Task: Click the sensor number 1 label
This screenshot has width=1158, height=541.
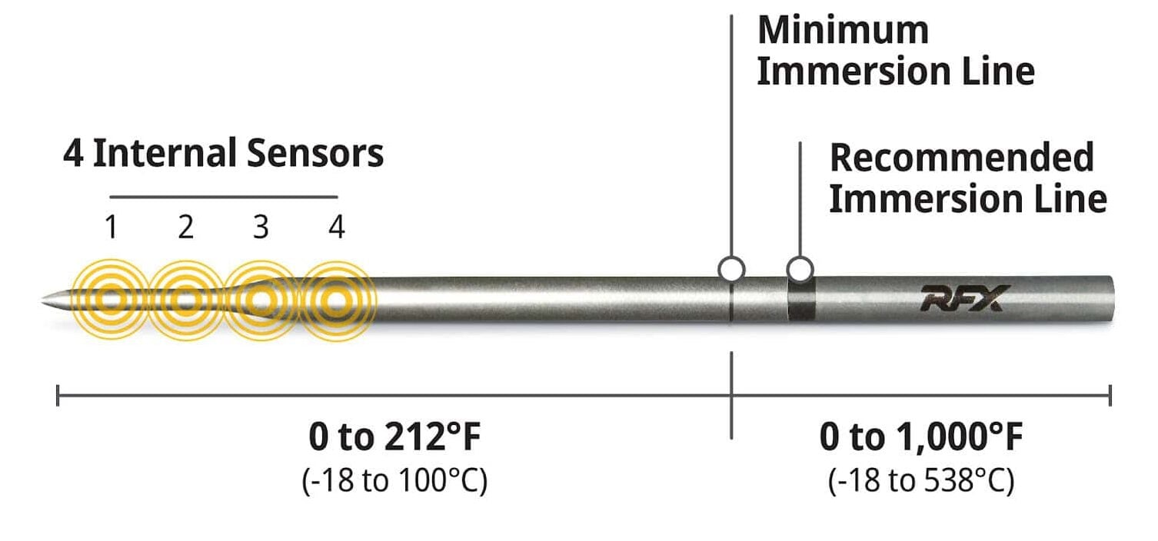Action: [111, 227]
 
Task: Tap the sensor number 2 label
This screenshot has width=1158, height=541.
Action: [186, 227]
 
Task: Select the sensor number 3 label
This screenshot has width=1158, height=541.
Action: [261, 227]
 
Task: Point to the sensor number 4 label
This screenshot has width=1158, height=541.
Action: [337, 227]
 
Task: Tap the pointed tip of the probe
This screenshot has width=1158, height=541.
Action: [42, 300]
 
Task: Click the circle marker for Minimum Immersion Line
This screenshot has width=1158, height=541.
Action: [731, 269]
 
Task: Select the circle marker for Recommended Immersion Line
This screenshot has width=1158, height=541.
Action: [800, 269]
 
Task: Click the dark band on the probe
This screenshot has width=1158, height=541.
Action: [801, 300]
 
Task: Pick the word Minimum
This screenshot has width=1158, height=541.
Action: [844, 31]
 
